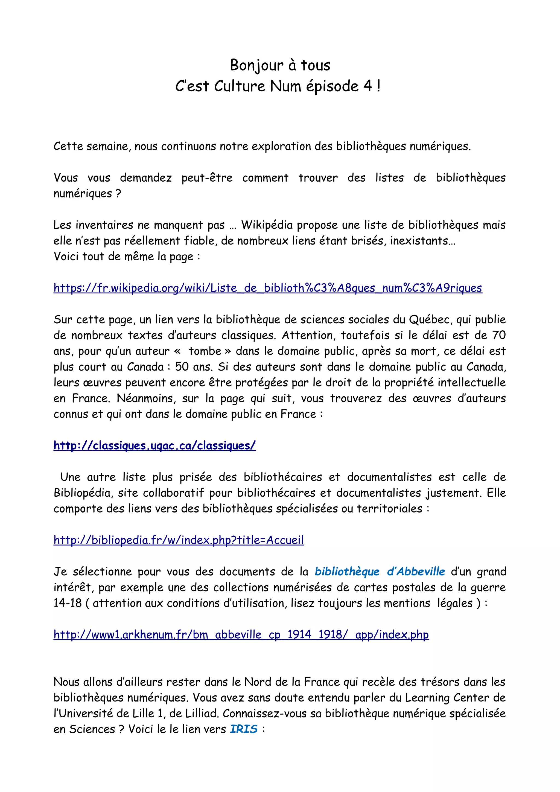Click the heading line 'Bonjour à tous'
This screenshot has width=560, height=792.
pyautogui.click(x=280, y=65)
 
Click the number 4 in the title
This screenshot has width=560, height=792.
pyautogui.click(x=367, y=86)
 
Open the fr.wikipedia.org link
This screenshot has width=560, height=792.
pyautogui.click(x=268, y=288)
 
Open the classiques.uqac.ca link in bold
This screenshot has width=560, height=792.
pyautogui.click(x=154, y=445)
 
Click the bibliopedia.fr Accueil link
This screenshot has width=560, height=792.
pyautogui.click(x=179, y=540)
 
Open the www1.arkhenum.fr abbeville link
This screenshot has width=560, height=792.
pyautogui.click(x=241, y=634)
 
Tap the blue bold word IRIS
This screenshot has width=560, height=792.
pyautogui.click(x=244, y=729)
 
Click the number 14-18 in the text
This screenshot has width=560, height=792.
pyautogui.click(x=68, y=603)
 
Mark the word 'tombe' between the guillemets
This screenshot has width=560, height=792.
pyautogui.click(x=205, y=351)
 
